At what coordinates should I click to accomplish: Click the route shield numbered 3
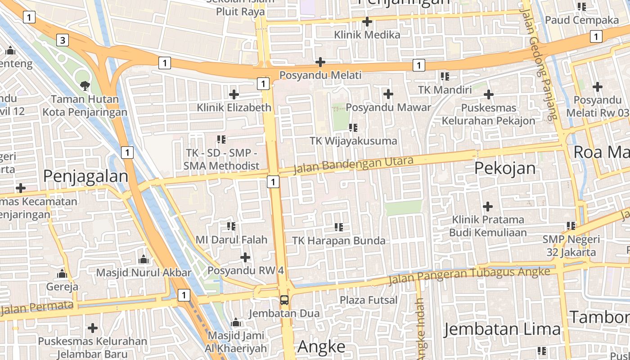point(63,40)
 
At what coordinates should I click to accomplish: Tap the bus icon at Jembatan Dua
point(284,300)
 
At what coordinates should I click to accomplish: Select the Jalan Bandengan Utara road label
point(353,165)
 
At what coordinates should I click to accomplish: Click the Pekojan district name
point(505,168)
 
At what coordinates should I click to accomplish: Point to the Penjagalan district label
point(85,176)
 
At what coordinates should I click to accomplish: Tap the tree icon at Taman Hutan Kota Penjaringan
point(84,85)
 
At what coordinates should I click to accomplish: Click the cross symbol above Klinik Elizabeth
point(234,94)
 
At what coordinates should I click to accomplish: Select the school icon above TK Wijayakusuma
point(353,128)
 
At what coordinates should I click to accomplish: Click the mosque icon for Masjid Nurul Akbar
point(144,259)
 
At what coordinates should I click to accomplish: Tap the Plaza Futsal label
point(369,300)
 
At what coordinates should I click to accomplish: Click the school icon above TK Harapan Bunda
point(339,227)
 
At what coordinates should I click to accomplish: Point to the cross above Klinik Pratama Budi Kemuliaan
point(488,207)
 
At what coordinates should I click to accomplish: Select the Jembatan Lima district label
point(502,329)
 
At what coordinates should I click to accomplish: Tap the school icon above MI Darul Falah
point(231,226)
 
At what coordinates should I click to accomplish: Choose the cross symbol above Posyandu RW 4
point(245,257)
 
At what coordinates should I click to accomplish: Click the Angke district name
point(321,346)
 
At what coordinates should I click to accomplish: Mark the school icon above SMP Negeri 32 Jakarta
point(571,225)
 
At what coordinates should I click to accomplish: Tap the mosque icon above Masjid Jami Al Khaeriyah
point(236,323)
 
